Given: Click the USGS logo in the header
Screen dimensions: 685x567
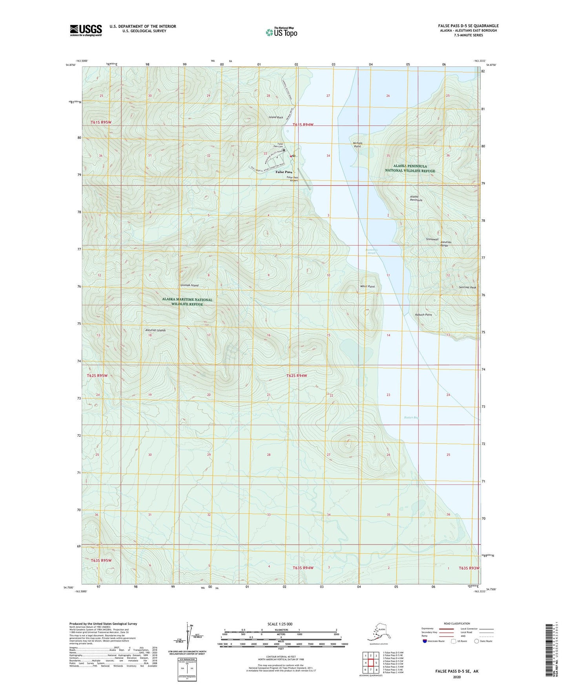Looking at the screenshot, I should point(86,30).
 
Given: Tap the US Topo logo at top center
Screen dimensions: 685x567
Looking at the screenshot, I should point(281,32).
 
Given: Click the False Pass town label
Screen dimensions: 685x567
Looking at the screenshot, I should point(283,172).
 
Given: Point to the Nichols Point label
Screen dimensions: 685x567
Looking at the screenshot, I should point(357,145).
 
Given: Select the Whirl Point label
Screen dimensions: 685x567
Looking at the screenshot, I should point(367,286).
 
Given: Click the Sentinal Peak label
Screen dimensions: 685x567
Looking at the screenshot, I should point(467,287).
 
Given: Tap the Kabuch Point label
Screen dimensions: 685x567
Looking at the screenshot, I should point(423,315).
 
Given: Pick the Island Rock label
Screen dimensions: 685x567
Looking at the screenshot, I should point(275,117).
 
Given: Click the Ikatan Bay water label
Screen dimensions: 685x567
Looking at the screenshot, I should point(411,417).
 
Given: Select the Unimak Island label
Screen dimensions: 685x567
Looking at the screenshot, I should point(189,285).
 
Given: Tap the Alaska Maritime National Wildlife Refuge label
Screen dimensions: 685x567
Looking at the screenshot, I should point(187,302).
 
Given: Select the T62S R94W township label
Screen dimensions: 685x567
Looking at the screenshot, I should point(296,375).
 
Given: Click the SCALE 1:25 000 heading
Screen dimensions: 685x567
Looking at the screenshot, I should point(281,624).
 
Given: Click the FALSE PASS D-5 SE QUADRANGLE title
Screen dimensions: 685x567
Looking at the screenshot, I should point(468,26).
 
